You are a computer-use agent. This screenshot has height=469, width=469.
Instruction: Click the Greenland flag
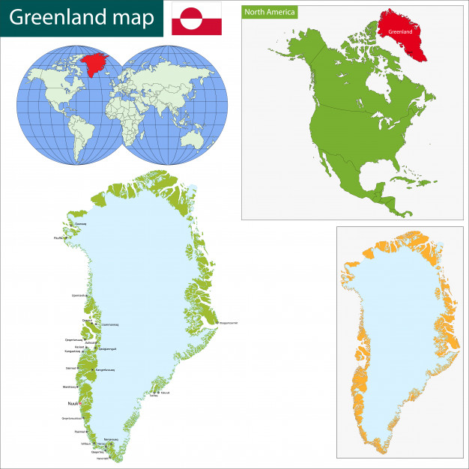(x=196, y=19)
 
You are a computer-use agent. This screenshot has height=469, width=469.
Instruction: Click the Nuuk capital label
(x=73, y=403)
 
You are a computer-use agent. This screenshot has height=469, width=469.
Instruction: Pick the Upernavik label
(x=79, y=295)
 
